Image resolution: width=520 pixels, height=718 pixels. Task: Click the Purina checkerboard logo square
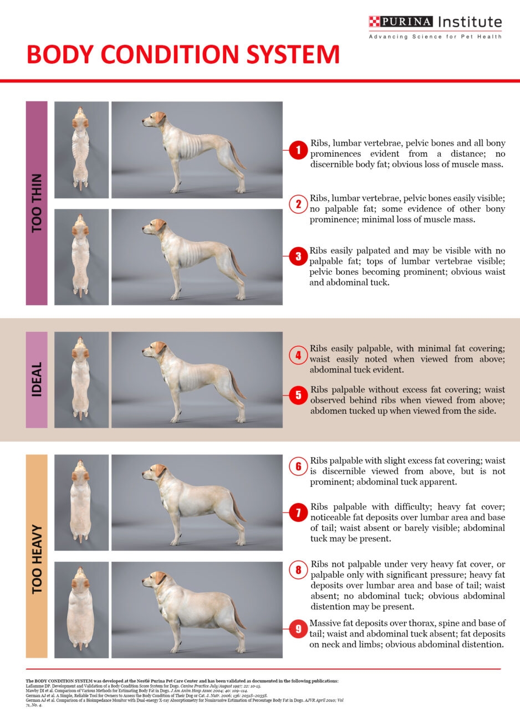tap(375, 22)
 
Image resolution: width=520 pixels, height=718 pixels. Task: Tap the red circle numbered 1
tap(298, 150)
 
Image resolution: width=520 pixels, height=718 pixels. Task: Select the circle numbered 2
tap(298, 204)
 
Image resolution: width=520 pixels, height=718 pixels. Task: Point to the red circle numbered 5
tap(298, 395)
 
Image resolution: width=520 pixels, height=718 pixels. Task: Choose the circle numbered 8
tap(298, 570)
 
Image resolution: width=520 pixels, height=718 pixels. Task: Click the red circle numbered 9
tap(298, 629)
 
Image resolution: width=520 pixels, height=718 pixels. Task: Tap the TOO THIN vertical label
tap(37, 203)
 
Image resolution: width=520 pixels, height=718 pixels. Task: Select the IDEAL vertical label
tap(37, 380)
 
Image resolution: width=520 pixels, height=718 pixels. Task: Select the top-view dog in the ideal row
tap(81, 380)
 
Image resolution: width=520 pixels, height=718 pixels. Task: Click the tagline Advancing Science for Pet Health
tap(435, 37)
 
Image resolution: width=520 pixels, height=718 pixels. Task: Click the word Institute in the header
tap(470, 22)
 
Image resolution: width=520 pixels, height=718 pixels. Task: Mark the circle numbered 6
tap(298, 466)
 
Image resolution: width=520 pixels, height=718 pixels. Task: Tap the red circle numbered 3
tap(298, 257)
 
